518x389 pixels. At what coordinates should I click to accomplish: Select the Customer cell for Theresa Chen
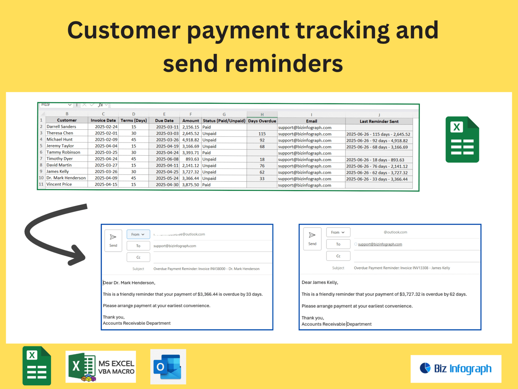(x=60, y=133)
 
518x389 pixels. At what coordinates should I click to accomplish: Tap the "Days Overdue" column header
(x=262, y=121)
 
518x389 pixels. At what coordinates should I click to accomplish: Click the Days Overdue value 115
(x=262, y=134)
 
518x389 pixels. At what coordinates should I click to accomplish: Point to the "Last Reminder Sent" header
(x=379, y=122)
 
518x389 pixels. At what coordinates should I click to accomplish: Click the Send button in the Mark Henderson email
(x=113, y=241)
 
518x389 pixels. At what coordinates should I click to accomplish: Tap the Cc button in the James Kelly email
(x=338, y=256)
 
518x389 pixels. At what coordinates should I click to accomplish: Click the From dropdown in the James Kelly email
(x=338, y=232)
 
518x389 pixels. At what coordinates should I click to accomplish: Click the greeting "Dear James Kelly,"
(x=320, y=282)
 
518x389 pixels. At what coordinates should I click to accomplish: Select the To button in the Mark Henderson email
(x=138, y=246)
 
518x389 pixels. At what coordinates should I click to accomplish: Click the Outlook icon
(x=168, y=367)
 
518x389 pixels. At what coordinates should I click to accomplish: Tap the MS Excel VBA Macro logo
(x=101, y=367)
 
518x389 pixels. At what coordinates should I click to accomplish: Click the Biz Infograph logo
(x=456, y=369)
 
